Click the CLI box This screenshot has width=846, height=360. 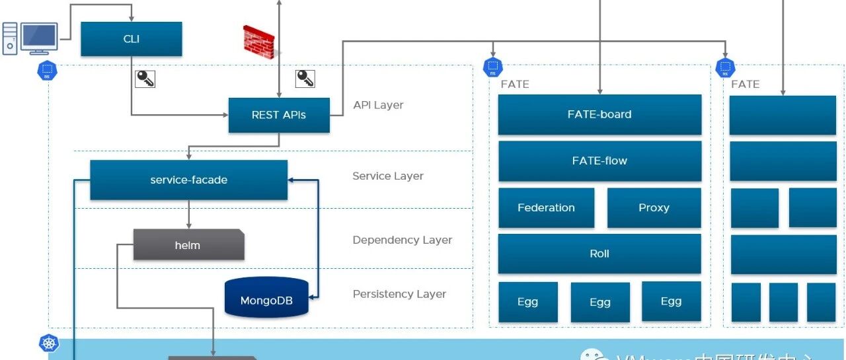coord(131,39)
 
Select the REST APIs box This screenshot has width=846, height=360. coord(279,115)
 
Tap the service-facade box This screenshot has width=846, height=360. coord(188,180)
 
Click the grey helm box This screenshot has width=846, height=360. coord(188,245)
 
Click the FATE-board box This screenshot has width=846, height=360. coord(599,114)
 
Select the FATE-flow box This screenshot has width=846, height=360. coord(599,161)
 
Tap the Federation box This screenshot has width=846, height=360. coord(546,207)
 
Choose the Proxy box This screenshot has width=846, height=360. coord(654,207)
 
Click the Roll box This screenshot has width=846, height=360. coord(599,254)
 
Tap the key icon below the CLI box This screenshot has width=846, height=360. coord(145,79)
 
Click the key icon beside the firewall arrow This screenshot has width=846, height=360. coord(305,79)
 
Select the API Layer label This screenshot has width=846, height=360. coord(378,105)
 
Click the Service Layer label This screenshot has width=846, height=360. coord(388,176)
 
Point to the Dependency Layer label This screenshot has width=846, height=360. coord(402,240)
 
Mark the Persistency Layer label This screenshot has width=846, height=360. coord(399,294)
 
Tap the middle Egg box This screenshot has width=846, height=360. coord(600,302)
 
